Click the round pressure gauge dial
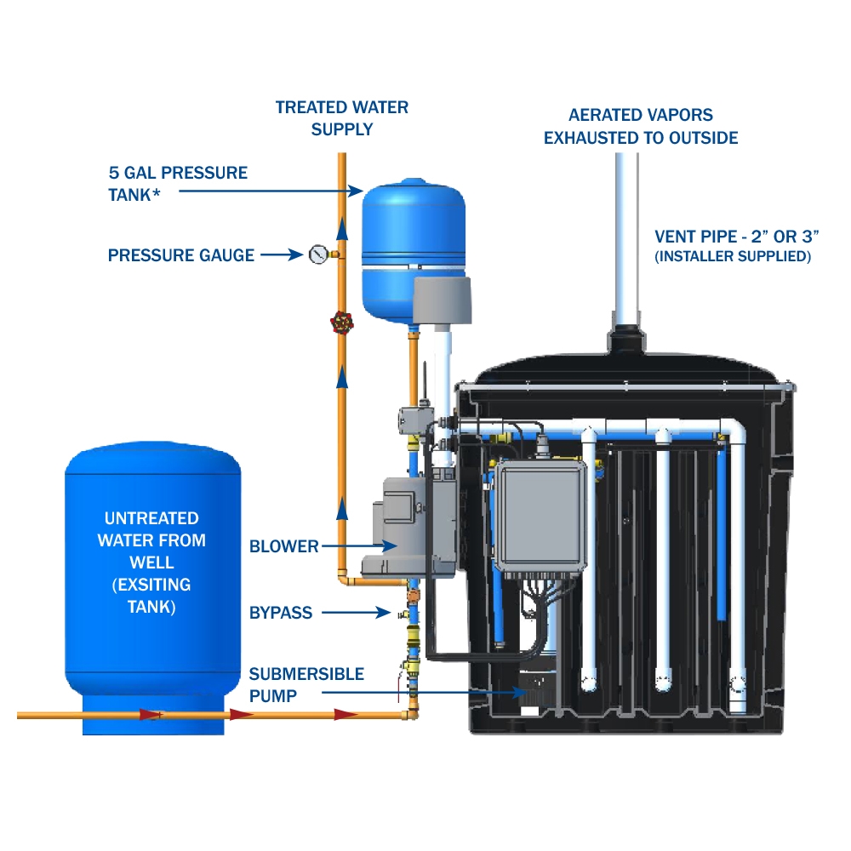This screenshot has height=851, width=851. tap(318, 254)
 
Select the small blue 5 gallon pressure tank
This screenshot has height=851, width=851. tap(414, 247)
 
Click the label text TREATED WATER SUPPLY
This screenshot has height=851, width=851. tap(342, 118)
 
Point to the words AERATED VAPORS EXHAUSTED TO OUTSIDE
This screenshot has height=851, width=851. tap(641, 126)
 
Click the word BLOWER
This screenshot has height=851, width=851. tap(284, 546)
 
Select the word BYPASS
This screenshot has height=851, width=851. tap(281, 613)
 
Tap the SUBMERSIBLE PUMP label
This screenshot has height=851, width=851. tap(306, 684)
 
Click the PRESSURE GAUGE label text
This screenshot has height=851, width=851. tap(181, 255)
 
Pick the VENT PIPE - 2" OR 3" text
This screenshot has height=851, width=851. tap(731, 237)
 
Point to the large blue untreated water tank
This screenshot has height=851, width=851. tap(153, 587)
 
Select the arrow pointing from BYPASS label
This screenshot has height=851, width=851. tap(356, 612)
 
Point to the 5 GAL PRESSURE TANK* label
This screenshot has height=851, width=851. tap(177, 182)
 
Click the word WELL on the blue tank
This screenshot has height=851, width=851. tap(152, 563)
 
